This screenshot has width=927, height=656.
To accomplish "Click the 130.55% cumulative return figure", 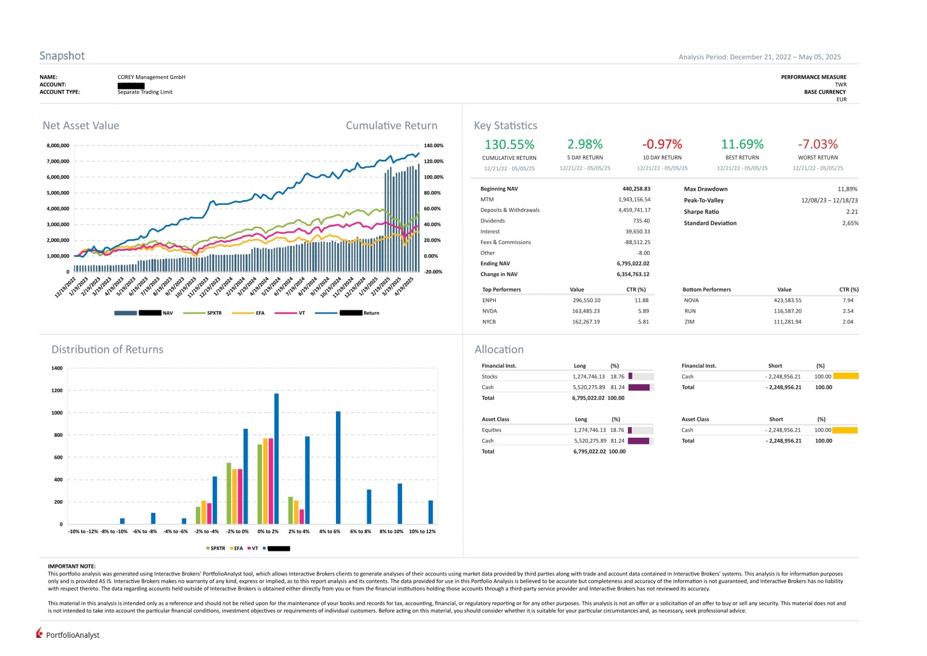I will [x=509, y=144].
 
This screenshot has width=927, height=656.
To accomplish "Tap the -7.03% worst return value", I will [x=817, y=144].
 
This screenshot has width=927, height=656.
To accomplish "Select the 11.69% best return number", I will [x=742, y=144].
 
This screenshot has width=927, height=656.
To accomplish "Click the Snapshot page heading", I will [x=62, y=56].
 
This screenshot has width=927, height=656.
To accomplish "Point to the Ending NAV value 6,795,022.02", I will [x=633, y=264].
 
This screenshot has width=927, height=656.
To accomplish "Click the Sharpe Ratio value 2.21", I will [x=852, y=212].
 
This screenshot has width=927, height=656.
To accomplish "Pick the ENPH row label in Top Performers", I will [x=489, y=300].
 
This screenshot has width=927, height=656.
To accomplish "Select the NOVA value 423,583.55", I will [x=787, y=300].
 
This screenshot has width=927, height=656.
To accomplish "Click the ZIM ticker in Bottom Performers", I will [x=689, y=322].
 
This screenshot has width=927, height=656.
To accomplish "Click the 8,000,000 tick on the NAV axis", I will [x=58, y=146].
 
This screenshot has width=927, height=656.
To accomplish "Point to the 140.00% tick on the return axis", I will [x=433, y=146].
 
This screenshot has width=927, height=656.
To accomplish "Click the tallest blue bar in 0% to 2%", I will [x=277, y=458].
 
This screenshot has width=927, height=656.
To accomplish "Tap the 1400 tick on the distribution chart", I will [x=57, y=368].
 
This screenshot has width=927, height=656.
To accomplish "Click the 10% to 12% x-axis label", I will [x=422, y=531].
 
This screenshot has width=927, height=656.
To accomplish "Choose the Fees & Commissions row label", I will [x=505, y=242].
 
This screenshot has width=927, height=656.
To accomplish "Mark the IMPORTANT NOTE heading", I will [x=72, y=566].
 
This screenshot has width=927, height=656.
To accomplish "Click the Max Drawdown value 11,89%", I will [x=847, y=189].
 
